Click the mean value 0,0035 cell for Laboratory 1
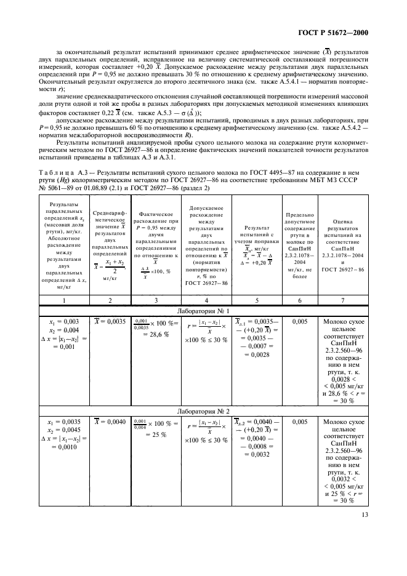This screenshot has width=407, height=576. point(110,321)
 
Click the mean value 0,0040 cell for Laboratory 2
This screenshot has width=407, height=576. point(110,422)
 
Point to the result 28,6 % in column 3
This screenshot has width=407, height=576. point(156,332)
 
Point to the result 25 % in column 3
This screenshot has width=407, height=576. point(156,434)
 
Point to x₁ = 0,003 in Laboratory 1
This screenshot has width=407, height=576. point(63,321)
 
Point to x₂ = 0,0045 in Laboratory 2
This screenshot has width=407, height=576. point(63,430)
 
